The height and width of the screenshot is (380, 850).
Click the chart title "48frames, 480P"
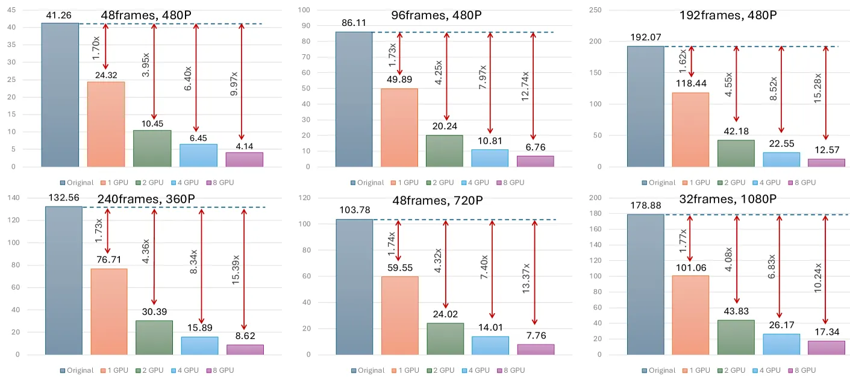(x=146, y=15)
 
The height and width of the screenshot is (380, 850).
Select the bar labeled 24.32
(x=106, y=124)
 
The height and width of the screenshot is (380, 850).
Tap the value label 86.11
(x=354, y=23)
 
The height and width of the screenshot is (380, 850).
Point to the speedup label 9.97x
(x=234, y=84)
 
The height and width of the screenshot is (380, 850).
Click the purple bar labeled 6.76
(x=536, y=161)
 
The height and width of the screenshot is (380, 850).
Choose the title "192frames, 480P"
(x=728, y=15)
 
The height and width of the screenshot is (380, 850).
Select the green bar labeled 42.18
(x=736, y=153)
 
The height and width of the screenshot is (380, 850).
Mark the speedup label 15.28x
(x=817, y=89)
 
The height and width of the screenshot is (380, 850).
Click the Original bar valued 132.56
(x=64, y=280)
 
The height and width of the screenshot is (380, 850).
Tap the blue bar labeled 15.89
(x=199, y=346)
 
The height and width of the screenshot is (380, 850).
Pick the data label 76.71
(x=109, y=260)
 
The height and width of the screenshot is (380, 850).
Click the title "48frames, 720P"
(x=437, y=201)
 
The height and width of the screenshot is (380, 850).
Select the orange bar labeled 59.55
(x=400, y=316)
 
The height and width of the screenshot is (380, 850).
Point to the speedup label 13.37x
(x=526, y=278)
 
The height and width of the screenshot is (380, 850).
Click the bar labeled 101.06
(x=690, y=315)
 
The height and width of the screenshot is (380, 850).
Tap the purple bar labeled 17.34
(x=827, y=347)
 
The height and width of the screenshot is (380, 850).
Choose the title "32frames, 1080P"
(x=728, y=199)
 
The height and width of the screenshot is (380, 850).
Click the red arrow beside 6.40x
(x=196, y=78)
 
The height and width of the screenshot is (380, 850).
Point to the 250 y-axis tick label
(x=595, y=10)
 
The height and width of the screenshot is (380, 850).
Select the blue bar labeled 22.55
(x=781, y=160)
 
